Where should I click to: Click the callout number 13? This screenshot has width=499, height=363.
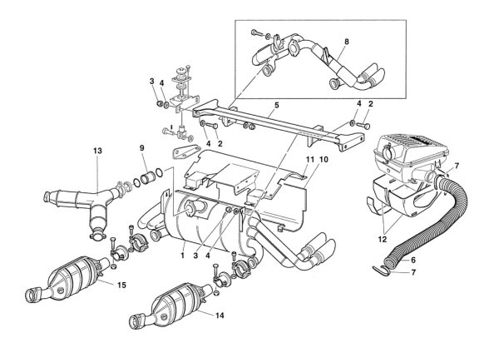coord(97,151)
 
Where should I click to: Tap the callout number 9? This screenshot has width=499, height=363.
coord(141,148)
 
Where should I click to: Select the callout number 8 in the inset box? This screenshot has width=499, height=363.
coord(347,42)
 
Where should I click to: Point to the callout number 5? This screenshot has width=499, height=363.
coord(277,105)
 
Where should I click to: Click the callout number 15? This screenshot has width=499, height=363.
coord(121,285)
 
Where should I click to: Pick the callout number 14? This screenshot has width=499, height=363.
coord(220,316)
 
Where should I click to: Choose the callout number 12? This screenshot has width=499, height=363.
coord(382,239)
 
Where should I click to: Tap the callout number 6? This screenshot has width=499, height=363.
coord(413,260)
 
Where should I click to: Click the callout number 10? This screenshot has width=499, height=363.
coord(324,159)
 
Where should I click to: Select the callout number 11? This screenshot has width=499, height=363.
coord(310,159)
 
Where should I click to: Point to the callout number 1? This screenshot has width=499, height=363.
coord(182,256)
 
